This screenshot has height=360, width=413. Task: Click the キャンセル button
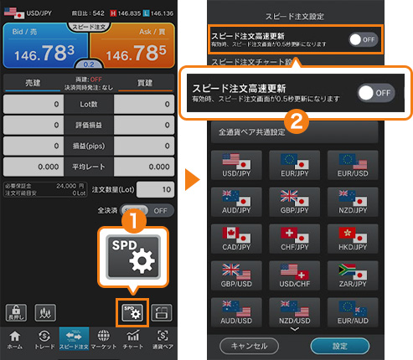pyautogui.click(x=249, y=345)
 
